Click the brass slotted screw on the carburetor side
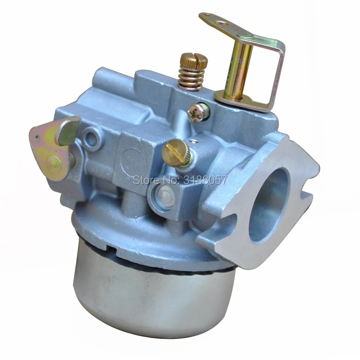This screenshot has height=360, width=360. click(176, 153)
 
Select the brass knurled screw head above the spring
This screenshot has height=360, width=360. click(194, 60)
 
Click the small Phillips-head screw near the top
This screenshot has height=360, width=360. click(198, 112)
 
